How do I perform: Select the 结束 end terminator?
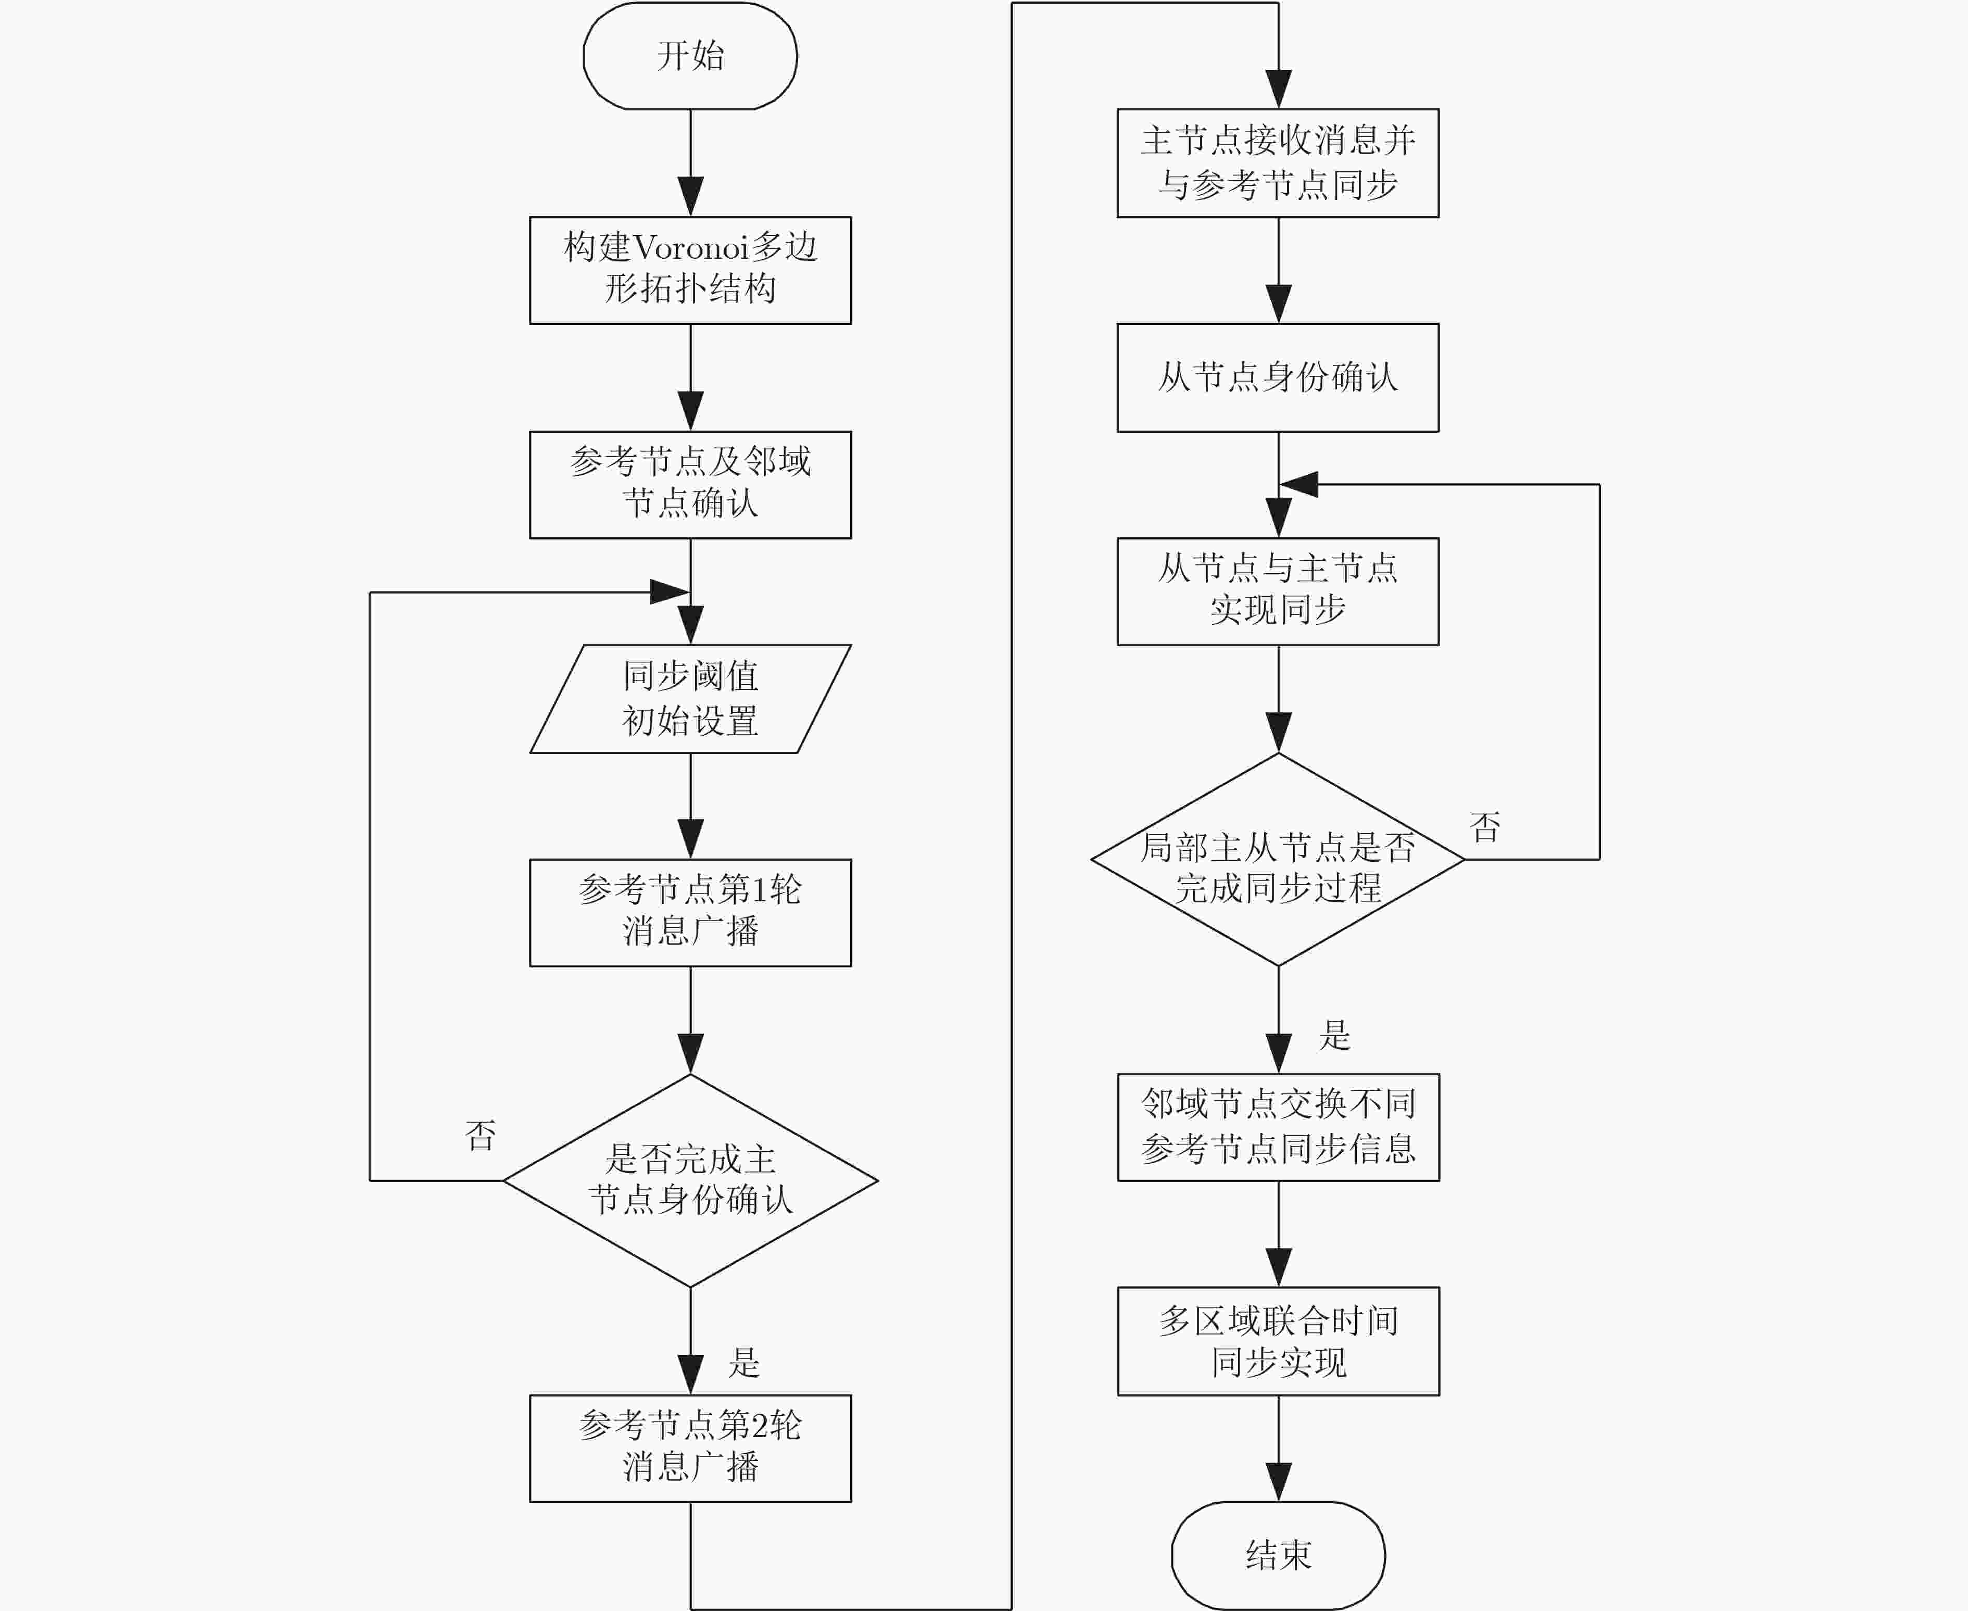(1279, 1555)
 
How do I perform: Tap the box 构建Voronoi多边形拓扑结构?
(690, 270)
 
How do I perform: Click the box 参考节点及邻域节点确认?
(690, 484)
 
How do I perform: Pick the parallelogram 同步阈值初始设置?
(690, 699)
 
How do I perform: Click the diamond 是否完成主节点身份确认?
(690, 1180)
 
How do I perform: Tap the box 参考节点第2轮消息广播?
(690, 1449)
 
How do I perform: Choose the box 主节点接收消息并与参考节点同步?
(1279, 163)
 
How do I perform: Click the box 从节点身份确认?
(1279, 377)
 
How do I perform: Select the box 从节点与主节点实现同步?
(1279, 591)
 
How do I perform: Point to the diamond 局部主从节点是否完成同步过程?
(1279, 859)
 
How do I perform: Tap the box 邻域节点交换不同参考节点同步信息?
(1279, 1127)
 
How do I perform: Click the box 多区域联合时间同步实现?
(1279, 1341)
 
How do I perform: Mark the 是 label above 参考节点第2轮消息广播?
(744, 1362)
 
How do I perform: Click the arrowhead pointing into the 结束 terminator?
(1279, 1482)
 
